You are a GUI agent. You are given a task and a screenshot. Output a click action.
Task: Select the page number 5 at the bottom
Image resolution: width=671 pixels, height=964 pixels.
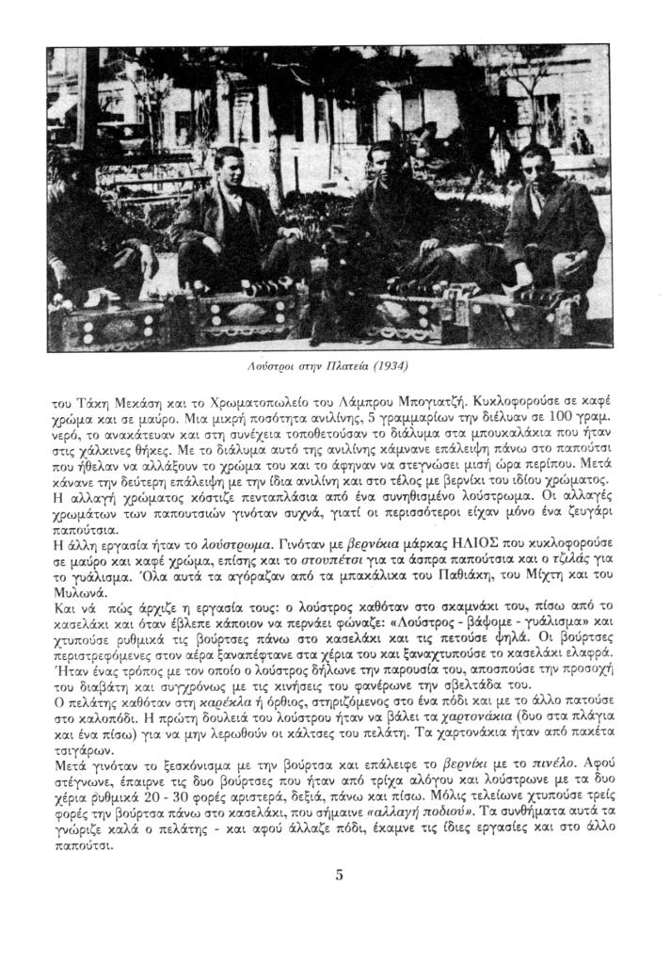[x=339, y=875]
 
